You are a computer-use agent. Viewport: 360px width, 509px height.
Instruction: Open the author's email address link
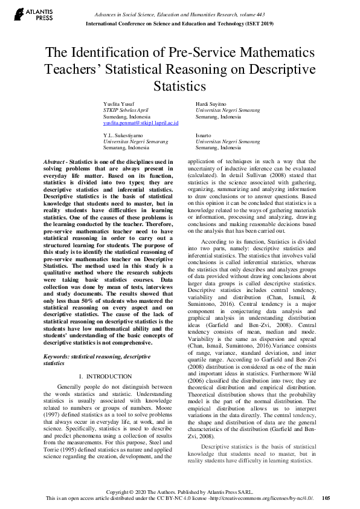[141, 123]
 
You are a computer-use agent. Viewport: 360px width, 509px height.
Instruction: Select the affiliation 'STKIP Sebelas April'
[126, 111]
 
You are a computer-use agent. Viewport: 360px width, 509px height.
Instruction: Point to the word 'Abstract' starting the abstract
[54, 162]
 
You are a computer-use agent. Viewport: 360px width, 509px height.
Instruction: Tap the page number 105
[326, 498]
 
